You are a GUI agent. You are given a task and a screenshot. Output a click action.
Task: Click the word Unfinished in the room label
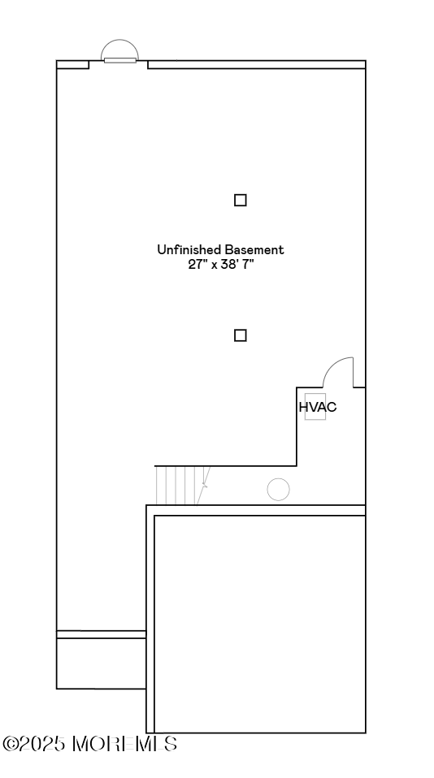point(189,249)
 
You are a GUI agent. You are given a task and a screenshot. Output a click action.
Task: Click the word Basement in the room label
point(254,249)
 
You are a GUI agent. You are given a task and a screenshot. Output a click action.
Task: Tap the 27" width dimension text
point(197,264)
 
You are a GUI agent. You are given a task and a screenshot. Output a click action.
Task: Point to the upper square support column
point(241,200)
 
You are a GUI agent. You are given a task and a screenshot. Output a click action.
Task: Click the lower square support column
point(241,335)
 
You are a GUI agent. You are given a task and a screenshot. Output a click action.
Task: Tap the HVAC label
point(318,407)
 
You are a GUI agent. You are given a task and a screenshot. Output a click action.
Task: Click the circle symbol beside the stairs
point(279,490)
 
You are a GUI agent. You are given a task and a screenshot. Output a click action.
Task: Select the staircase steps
point(183,486)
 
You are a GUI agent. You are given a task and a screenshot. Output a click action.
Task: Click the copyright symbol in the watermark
point(10,744)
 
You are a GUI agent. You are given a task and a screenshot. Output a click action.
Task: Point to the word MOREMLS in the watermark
point(124,744)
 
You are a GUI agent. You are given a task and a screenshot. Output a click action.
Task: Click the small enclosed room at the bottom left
point(102,663)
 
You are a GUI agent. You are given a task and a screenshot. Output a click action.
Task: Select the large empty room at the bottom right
point(260,624)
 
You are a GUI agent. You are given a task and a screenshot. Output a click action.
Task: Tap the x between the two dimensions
point(214,265)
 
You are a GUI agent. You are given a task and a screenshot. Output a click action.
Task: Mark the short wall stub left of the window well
point(72,64)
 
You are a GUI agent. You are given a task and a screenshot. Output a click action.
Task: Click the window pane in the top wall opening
point(120,61)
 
